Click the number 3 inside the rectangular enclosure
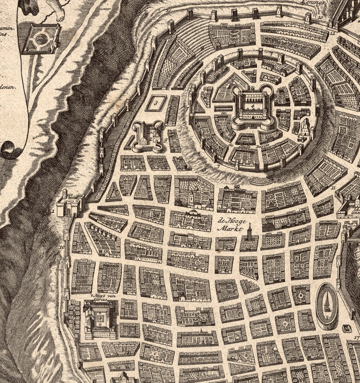tap(156, 102)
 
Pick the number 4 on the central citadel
tap(252, 101)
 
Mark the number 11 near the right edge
tap(333, 188)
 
